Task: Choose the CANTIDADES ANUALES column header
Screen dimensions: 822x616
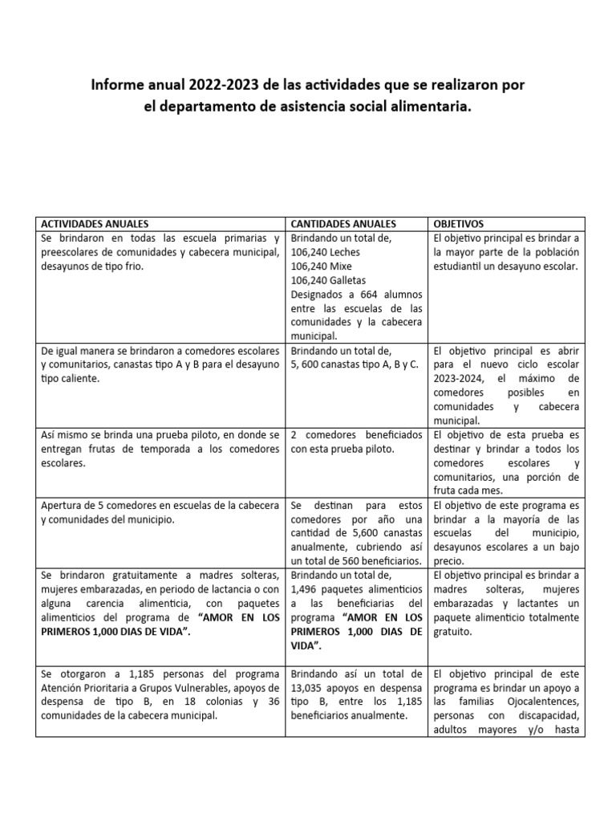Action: tap(342, 224)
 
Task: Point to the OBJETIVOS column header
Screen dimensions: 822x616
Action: tap(459, 224)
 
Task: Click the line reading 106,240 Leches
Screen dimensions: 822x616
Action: tap(326, 252)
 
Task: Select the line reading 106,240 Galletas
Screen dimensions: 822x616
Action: tap(329, 280)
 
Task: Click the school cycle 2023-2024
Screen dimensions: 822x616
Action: tap(460, 378)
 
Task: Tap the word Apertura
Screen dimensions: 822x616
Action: tap(59, 505)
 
